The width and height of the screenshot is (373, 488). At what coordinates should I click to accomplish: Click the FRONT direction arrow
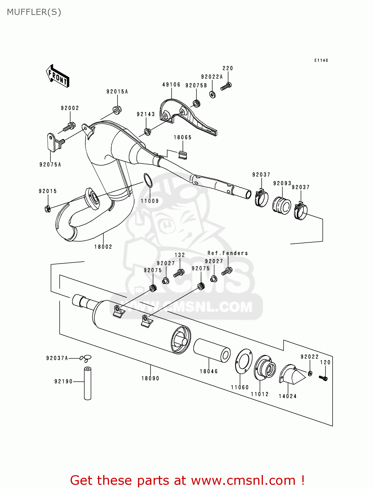58,76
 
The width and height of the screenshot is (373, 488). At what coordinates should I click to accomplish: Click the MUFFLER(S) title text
34,12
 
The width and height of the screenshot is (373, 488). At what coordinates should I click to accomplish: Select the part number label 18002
103,247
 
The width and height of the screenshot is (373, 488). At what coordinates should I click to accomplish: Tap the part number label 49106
171,85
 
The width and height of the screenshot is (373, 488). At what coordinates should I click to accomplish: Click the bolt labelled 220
226,87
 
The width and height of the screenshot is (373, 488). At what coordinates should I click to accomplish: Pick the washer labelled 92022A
213,95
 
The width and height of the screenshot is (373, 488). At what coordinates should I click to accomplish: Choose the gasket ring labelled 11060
244,360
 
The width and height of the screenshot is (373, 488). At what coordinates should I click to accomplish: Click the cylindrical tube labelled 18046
212,350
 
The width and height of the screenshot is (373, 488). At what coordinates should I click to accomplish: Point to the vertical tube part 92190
88,383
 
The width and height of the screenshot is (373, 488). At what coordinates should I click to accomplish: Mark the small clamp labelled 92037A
87,358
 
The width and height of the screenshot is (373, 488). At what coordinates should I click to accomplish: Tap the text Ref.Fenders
228,253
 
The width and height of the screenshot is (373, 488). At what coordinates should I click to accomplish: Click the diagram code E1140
321,61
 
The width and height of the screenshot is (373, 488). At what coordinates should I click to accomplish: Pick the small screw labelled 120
323,378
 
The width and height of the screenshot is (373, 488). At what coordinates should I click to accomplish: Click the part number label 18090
150,378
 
